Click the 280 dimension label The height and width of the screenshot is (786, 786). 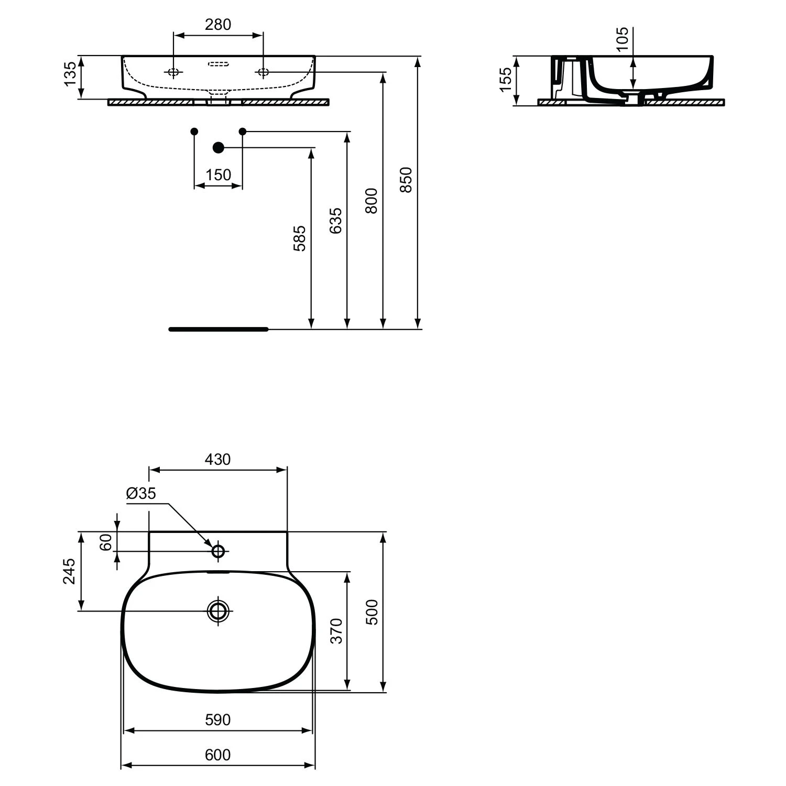218,25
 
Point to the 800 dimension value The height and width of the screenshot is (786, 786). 372,201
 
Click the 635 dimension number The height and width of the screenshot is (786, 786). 335,221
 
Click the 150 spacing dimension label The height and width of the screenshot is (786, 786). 218,174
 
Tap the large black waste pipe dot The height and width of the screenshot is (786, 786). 219,148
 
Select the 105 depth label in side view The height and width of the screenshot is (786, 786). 622,39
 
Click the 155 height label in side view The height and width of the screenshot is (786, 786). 505,80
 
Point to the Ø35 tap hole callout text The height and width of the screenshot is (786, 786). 141,493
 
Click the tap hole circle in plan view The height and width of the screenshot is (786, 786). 219,551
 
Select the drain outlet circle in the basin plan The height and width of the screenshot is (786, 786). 219,610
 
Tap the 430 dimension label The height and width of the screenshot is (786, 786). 217,460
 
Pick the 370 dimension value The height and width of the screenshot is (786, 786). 336,631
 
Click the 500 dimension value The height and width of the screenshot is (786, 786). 372,612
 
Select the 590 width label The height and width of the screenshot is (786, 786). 217,719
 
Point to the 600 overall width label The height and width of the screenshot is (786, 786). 217,755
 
